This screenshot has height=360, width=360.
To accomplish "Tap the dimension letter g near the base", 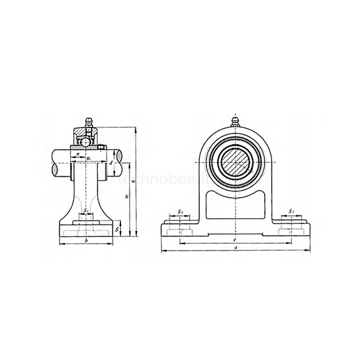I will pyautogui.click(x=118, y=228).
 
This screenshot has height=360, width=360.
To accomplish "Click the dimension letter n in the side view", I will pyautogui.click(x=77, y=154).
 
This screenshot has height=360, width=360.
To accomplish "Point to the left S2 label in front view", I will pyautogui.click(x=180, y=212).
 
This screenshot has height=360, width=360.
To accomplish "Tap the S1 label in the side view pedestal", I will pyautogui.click(x=86, y=211).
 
